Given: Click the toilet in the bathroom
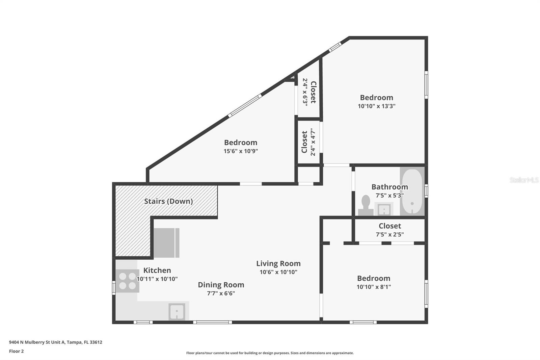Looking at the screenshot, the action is point(366,205).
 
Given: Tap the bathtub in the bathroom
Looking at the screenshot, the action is point(412,191).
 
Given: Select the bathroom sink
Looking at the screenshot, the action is point(383,209).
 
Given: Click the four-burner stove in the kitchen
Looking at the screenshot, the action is point(127,281).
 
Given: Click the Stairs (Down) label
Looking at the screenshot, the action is point(168,201).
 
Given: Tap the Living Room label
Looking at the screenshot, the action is point(278,263).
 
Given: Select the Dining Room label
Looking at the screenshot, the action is point(221,285).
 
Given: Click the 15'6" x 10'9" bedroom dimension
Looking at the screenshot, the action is point(241,151).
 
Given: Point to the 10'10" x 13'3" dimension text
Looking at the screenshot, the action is point(377,106).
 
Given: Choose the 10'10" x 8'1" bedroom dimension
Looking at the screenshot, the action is point(374,287).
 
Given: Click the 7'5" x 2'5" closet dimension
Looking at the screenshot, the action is point(390,234).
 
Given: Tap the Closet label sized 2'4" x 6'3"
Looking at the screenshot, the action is point(313,92).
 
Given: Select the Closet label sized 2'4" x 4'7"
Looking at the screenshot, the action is point(304,142).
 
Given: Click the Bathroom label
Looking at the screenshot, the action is point(390,187).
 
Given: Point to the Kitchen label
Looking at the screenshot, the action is point(157,270).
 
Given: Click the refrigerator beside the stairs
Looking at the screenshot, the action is point(167,243).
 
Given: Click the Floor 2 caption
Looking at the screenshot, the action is point(17,351).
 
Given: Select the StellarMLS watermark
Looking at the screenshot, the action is point(524,180).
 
